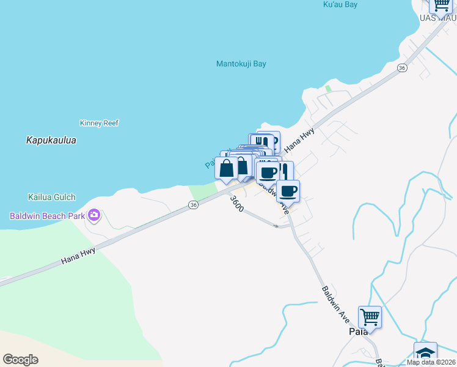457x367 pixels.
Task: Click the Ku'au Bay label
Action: coord(340,5)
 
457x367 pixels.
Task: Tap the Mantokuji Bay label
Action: coord(241,64)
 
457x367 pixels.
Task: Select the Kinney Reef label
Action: coord(99,123)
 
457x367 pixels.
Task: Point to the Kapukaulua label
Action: coord(51,140)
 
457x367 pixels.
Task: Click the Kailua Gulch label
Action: coord(51,197)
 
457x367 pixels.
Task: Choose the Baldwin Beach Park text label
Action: coord(48,216)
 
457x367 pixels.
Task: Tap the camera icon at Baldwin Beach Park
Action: coord(94,215)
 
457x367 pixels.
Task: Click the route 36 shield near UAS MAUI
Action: coord(401,67)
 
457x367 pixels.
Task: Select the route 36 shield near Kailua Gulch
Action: coord(193,206)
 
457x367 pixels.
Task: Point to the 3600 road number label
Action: coord(237,204)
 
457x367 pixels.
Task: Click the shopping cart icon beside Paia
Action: coord(370,317)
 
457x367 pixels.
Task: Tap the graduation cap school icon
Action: coord(425,354)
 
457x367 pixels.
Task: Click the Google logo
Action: coord(20,360)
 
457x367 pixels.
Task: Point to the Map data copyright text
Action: coord(431,362)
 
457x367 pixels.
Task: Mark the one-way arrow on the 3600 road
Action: coord(276,226)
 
